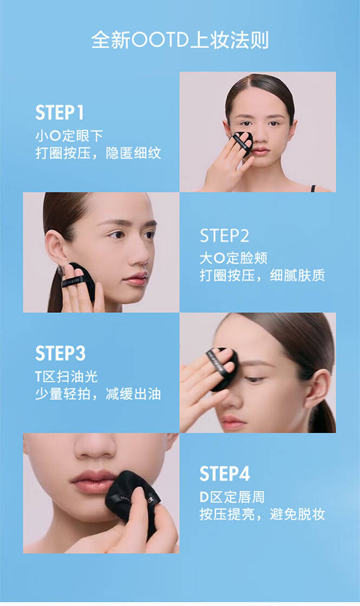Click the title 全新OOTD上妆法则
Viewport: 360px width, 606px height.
(x=180, y=40)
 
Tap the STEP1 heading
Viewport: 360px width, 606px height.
(x=60, y=113)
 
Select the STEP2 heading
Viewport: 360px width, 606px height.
(x=225, y=236)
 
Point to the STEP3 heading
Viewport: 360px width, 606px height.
(x=60, y=353)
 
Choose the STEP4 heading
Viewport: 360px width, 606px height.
(x=225, y=474)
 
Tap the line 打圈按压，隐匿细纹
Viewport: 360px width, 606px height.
(x=98, y=154)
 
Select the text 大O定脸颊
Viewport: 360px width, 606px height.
(x=233, y=258)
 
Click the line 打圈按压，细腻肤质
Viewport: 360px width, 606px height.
(x=262, y=275)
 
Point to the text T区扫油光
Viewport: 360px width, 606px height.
(x=67, y=377)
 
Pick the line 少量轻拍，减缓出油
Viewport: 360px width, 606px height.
(x=98, y=394)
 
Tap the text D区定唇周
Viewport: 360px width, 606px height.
(x=232, y=497)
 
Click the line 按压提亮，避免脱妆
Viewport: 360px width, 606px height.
(x=262, y=515)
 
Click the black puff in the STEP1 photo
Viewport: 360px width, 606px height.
(x=243, y=143)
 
